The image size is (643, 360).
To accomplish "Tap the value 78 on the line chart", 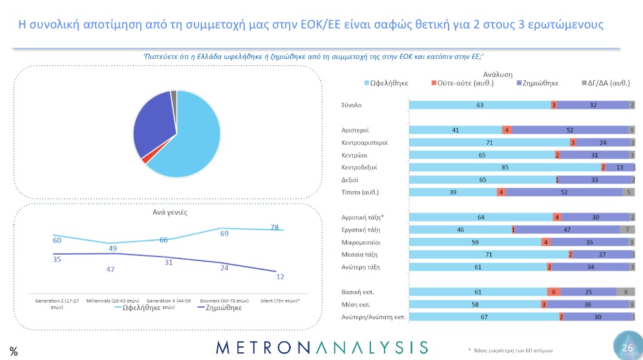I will (274, 228).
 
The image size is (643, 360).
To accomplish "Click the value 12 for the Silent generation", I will (280, 277).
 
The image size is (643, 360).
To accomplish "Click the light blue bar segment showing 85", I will (503, 167).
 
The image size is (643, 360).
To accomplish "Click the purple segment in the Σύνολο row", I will (593, 104).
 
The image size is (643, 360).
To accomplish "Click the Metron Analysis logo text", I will (321, 347).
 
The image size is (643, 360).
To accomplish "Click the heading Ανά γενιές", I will (166, 212).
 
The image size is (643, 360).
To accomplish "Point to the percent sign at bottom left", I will (13, 351).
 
